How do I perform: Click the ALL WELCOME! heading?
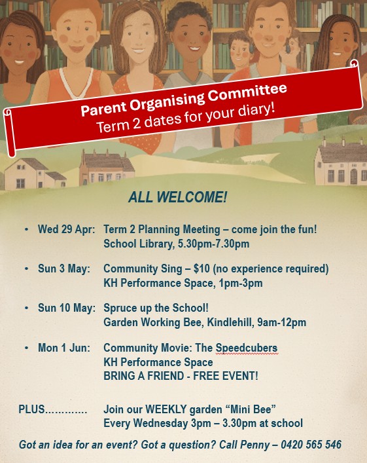[177, 197]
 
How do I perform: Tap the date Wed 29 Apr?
[66, 229]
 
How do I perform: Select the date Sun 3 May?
[63, 269]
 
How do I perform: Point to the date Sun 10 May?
[66, 308]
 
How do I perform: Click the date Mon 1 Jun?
[63, 348]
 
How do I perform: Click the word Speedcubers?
[247, 348]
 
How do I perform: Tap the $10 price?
[201, 269]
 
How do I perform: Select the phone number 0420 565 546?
[311, 445]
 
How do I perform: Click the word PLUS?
[31, 409]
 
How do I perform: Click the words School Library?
[138, 244]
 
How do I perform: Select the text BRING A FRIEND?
[144, 376]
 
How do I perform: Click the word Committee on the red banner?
[247, 92]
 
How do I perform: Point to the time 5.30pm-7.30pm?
[213, 244]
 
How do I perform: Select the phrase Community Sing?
[143, 269]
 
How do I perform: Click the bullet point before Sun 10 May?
[27, 308]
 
